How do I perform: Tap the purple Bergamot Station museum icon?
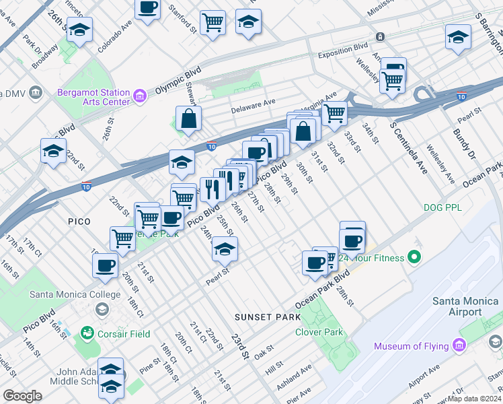point(140,97)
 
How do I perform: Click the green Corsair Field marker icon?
point(87,333)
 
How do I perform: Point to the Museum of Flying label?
point(412,346)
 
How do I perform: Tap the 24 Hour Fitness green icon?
point(414,257)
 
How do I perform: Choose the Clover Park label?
point(319,332)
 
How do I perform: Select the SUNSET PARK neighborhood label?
point(262,316)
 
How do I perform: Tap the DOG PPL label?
point(443,208)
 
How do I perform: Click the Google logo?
point(22,396)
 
